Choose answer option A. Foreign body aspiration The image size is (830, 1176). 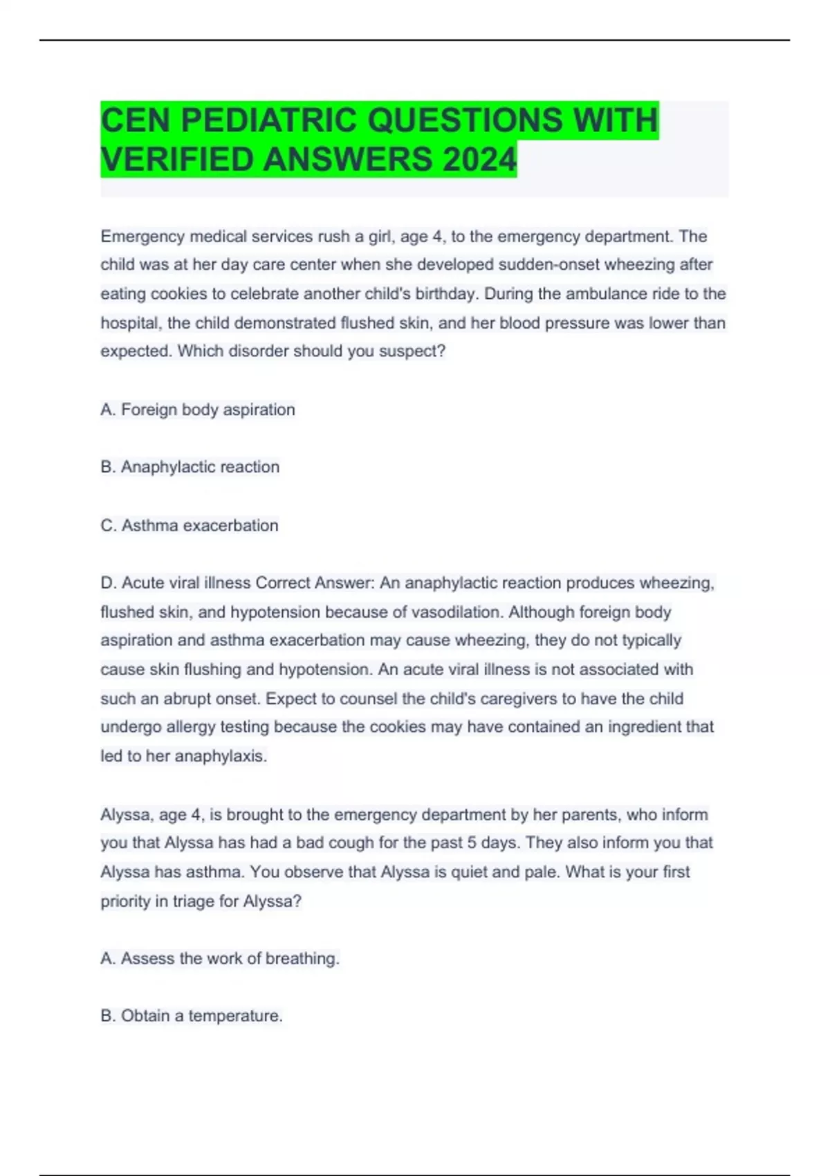[198, 410]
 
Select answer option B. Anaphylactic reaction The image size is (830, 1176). [190, 467]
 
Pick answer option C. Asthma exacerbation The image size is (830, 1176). [190, 526]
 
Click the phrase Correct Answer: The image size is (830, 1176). [315, 583]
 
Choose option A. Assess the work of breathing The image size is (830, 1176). [220, 959]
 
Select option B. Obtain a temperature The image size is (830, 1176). [192, 1016]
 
